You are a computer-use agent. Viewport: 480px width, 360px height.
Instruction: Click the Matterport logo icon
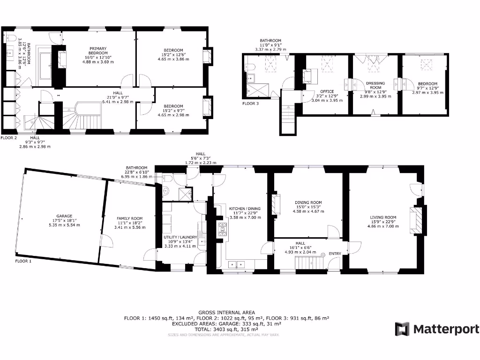pyautogui.click(x=402, y=329)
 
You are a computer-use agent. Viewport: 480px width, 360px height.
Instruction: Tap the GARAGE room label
pyautogui.click(x=65, y=216)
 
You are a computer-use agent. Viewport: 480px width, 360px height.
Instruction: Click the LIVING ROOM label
pyautogui.click(x=383, y=217)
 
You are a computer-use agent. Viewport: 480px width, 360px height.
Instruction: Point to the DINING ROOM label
pyautogui.click(x=308, y=202)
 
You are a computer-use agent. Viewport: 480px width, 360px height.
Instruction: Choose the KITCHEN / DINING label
pyautogui.click(x=244, y=209)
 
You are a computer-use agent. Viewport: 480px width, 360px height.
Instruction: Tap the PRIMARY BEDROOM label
pyautogui.click(x=98, y=51)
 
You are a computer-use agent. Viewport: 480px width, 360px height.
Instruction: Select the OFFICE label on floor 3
pyautogui.click(x=327, y=91)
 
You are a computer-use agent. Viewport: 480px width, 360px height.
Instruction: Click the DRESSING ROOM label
pyautogui.click(x=375, y=85)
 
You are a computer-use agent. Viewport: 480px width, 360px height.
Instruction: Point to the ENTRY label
pyautogui.click(x=335, y=254)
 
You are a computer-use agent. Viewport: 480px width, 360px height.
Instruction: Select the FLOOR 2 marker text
pyautogui.click(x=9, y=138)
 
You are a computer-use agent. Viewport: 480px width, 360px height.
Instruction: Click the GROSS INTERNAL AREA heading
pyautogui.click(x=226, y=312)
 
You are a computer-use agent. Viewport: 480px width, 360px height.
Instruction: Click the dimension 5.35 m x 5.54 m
pyautogui.click(x=65, y=225)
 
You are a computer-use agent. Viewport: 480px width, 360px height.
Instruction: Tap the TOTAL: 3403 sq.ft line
pyautogui.click(x=226, y=330)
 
